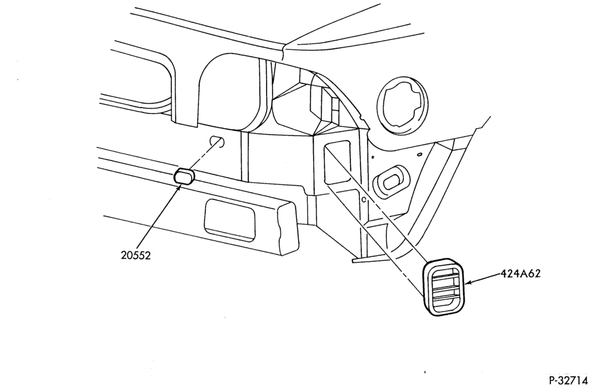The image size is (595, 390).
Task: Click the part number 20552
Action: coord(136,256)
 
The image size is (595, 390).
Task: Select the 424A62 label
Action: coord(520,273)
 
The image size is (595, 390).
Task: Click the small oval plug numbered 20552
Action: coord(184,176)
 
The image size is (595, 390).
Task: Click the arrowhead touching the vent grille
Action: coord(469,282)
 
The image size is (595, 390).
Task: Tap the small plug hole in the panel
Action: coord(217,141)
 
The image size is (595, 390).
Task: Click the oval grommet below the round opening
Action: coord(392,181)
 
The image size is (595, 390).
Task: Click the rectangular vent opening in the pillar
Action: coord(337,162)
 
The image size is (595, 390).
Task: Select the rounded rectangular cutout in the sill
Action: coord(230,220)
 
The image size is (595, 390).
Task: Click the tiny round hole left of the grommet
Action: coord(373,156)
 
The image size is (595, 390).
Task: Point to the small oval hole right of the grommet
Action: coord(419,154)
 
